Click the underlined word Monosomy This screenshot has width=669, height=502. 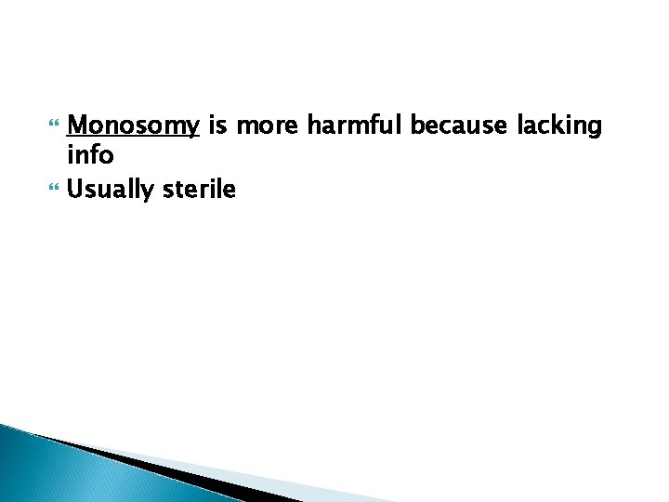(x=134, y=125)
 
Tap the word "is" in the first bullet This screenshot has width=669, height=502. (x=217, y=125)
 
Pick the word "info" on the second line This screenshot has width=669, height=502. (x=90, y=156)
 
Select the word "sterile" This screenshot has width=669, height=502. (x=199, y=189)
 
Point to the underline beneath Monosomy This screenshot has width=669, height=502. (x=134, y=137)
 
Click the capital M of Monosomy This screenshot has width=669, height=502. (x=78, y=125)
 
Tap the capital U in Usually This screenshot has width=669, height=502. (x=76, y=189)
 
